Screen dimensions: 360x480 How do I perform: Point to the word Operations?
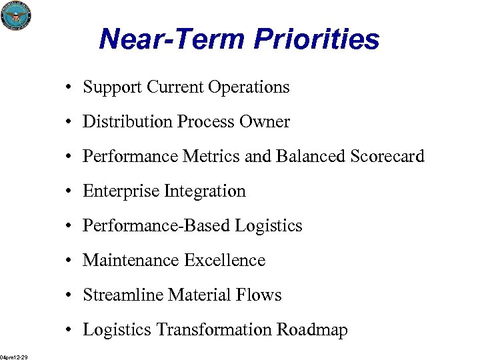pos(249,87)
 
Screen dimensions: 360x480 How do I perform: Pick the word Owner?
pos(266,122)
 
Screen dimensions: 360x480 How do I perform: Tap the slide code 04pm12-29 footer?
pos(14,357)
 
